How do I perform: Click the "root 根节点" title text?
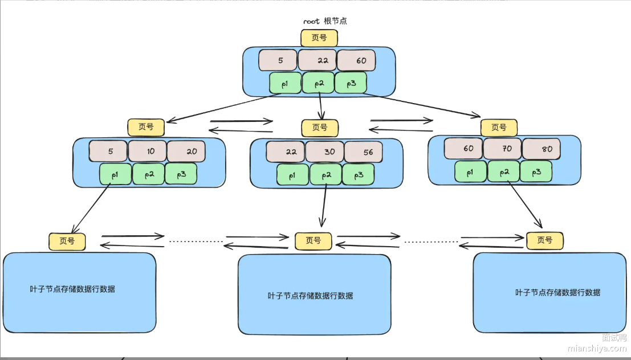[325, 21]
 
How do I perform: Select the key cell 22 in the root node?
[317, 60]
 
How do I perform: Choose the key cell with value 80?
[541, 149]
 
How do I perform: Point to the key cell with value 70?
[502, 149]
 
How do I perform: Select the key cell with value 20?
[186, 152]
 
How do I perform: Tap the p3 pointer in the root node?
[351, 83]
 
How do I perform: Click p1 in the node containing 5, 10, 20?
[115, 174]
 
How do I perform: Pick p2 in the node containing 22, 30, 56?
[325, 175]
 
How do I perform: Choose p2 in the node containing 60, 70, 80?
[503, 171]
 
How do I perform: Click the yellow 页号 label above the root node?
[319, 38]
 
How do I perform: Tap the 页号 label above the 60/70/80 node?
[499, 127]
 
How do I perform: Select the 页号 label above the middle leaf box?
[313, 241]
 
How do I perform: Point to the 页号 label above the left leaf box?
[67, 241]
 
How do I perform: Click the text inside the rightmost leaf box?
[557, 292]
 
